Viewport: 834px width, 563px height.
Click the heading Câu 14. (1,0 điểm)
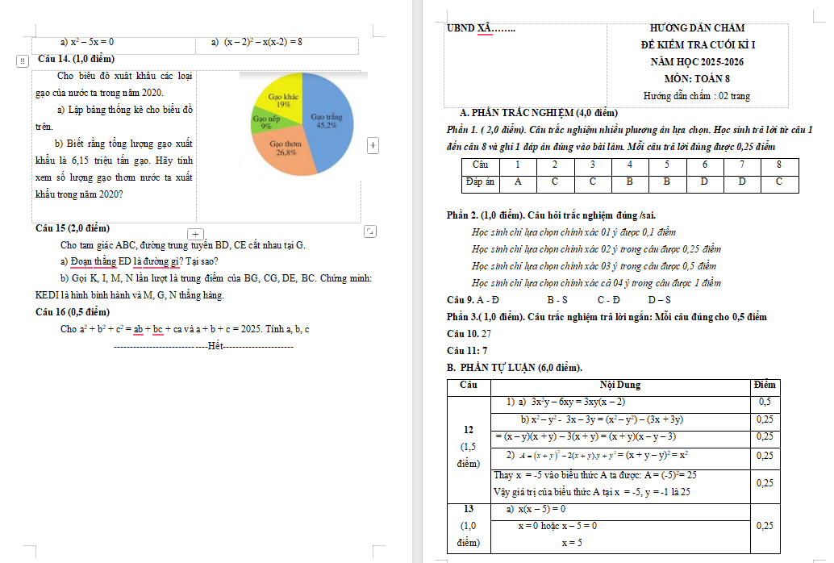76,59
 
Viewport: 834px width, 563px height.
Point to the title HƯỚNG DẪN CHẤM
697,28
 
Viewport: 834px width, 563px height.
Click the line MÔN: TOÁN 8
697,79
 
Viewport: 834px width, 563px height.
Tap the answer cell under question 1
518,182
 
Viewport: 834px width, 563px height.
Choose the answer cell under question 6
703,182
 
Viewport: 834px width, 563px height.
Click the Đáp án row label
481,182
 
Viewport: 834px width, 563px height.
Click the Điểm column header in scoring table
763,386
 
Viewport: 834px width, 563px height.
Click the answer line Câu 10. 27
469,333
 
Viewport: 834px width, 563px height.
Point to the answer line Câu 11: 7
467,350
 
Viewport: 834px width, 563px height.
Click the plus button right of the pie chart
373,145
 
